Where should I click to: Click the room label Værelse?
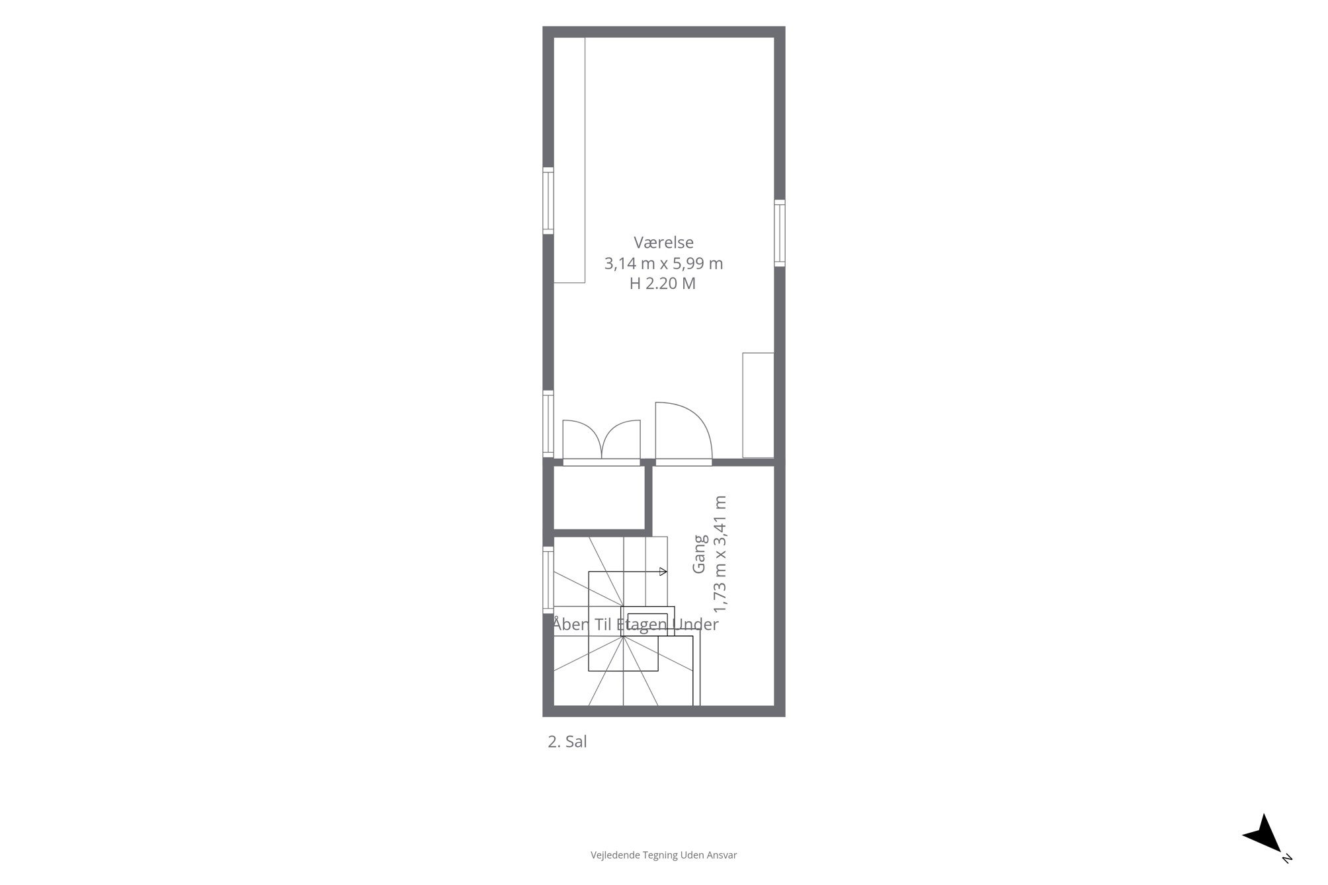[x=663, y=243]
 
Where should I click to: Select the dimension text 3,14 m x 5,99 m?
[x=663, y=264]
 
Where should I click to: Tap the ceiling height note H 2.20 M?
[x=663, y=284]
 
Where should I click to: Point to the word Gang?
[x=700, y=554]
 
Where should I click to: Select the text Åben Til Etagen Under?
[x=636, y=624]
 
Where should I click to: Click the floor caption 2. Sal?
[x=567, y=742]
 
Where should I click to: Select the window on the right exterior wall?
[x=780, y=233]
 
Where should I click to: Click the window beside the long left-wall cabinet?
[x=548, y=201]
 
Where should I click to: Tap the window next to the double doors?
[x=548, y=424]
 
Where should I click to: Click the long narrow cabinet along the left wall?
[x=569, y=160]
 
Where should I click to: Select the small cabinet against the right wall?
[x=758, y=405]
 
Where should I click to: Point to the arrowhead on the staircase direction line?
[x=664, y=572]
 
